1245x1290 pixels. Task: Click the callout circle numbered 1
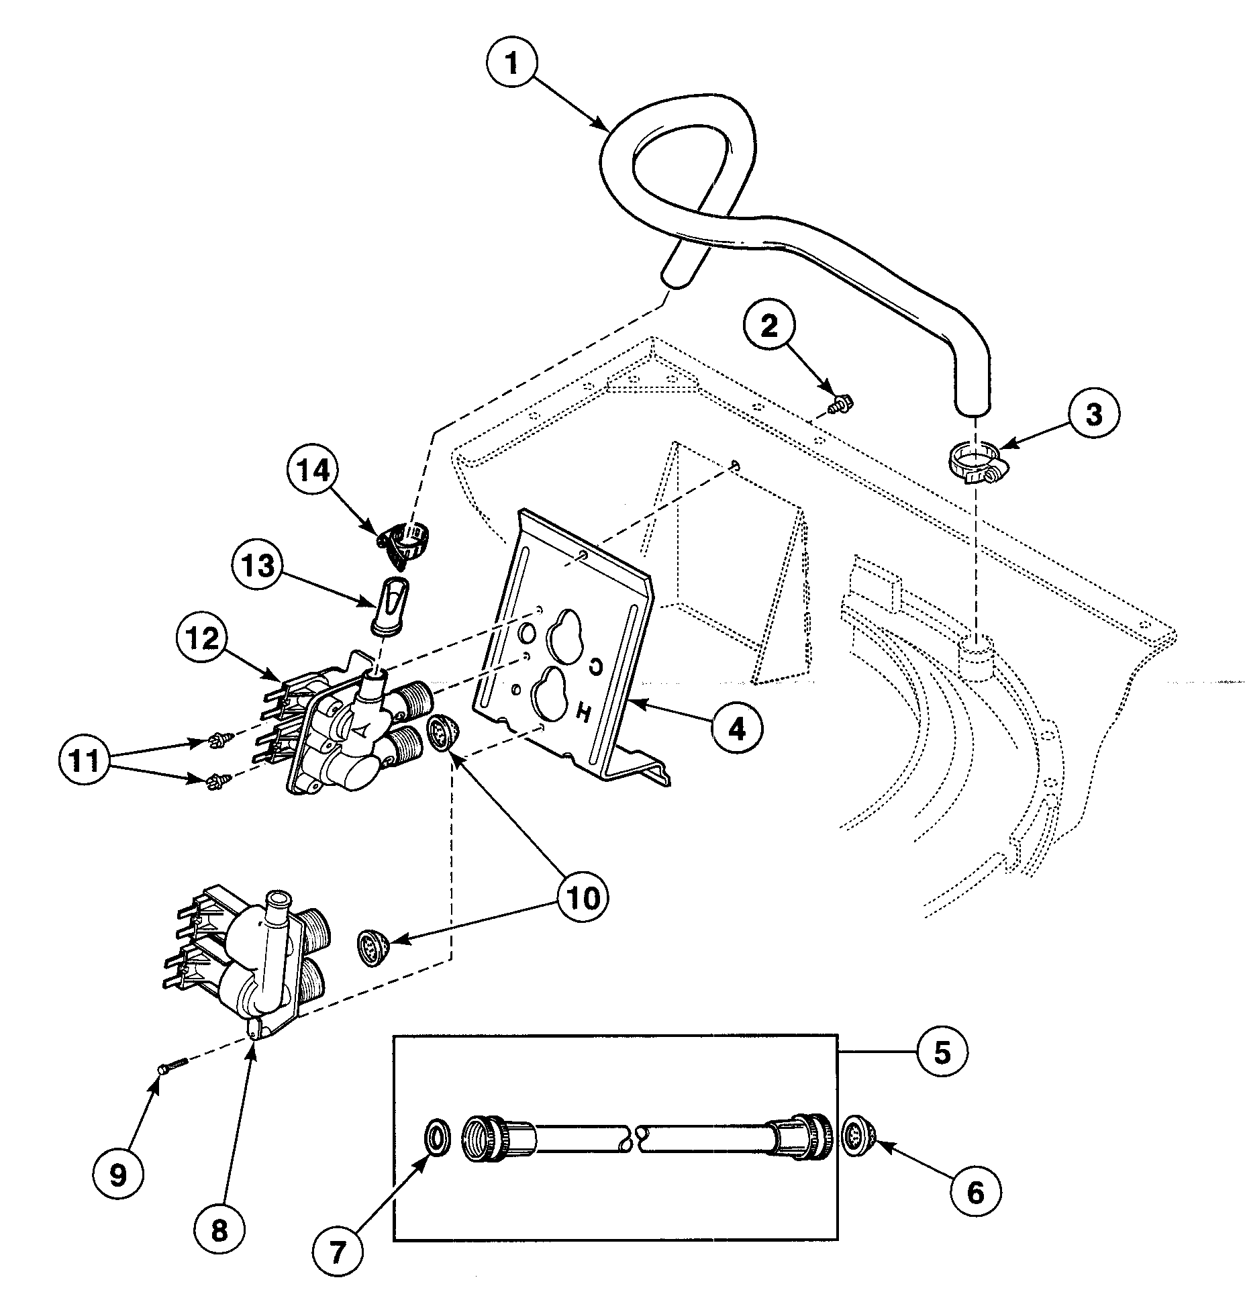[512, 65]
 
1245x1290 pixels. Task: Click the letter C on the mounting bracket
[596, 665]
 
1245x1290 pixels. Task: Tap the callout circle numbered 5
[942, 1053]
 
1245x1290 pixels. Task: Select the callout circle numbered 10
[583, 898]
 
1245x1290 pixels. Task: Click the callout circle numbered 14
[315, 470]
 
